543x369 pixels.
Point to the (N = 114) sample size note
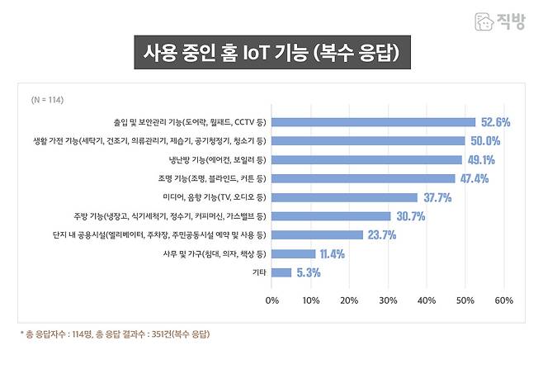47,100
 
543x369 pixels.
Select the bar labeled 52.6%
373,122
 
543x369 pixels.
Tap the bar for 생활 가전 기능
368,140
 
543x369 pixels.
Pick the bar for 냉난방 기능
366,159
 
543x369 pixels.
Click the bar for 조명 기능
363,178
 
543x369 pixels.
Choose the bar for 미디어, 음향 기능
344,197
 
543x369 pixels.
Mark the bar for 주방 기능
331,216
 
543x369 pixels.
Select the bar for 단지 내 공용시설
317,234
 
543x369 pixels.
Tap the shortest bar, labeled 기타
281,272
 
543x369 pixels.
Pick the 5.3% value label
307,272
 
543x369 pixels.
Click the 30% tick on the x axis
388,300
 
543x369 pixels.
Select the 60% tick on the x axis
504,300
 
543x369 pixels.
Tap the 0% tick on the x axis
271,300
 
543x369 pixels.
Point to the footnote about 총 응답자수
116,334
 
